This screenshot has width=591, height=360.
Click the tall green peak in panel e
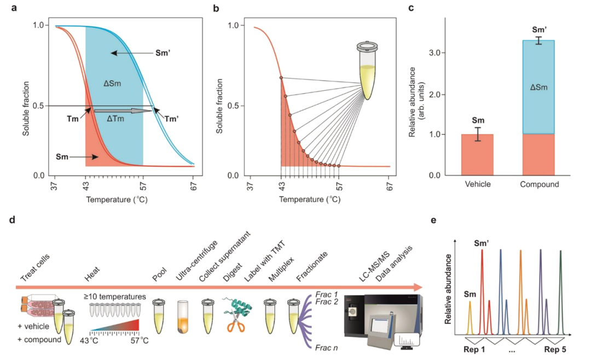pyautogui.click(x=560, y=293)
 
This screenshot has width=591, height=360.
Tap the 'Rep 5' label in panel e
pyautogui.click(x=557, y=347)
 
